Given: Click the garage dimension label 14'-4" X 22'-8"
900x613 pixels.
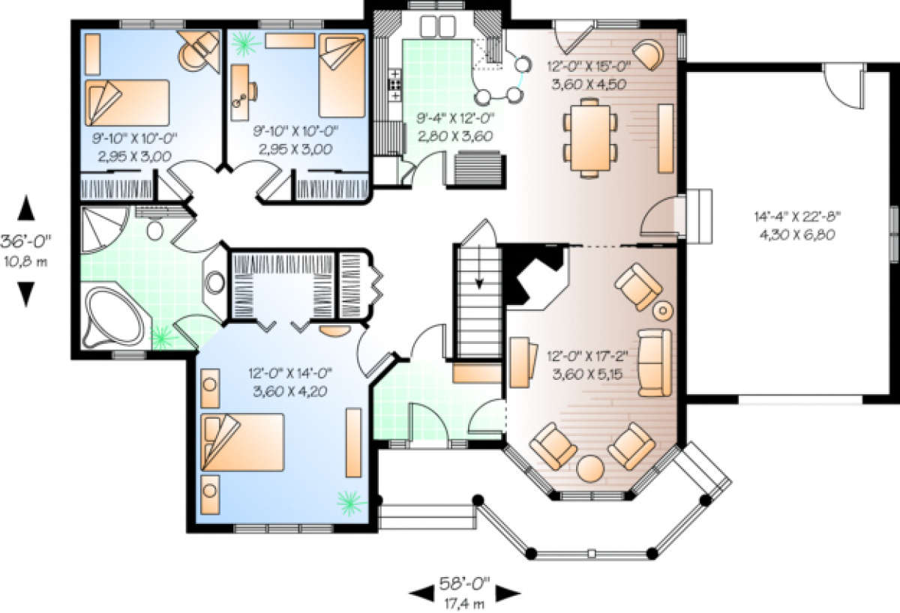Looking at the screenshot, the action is coord(797,217).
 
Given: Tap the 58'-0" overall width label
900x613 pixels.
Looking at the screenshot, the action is coord(464,584).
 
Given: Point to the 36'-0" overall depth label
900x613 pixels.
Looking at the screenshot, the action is coord(25,241).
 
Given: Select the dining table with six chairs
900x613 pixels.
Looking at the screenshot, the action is coord(590,138).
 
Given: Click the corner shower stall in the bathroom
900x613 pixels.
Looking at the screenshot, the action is coord(103,229).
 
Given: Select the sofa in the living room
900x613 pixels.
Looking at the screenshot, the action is coord(655,363).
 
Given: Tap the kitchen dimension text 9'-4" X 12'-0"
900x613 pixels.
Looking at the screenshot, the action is coord(454,118).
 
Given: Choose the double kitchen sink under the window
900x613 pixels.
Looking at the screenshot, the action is coord(438,26).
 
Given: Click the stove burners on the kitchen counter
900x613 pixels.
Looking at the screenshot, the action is coord(395,85).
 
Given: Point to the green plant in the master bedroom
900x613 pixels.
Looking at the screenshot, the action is coord(351,503).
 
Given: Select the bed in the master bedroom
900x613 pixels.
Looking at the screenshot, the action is coord(242,442).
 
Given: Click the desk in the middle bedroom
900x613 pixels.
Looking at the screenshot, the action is coord(240,93).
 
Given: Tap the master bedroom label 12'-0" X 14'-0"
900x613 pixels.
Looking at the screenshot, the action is coord(290,373).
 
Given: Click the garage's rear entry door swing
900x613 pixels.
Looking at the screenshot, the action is coord(843,86).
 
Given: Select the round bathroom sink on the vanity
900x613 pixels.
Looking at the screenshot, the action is coord(215,283).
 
